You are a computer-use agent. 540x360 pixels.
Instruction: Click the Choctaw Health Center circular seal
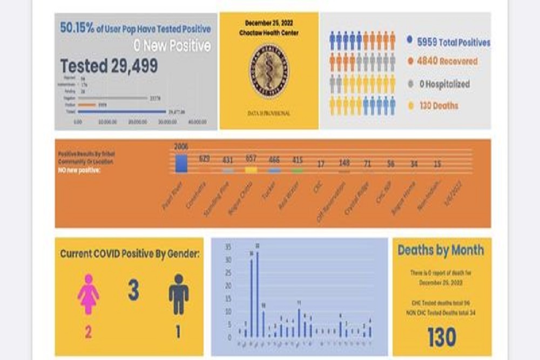click(268, 71)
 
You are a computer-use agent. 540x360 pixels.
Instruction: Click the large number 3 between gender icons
click(133, 290)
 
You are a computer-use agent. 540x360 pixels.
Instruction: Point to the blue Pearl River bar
click(181, 164)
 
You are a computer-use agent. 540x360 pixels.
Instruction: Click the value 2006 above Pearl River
click(181, 147)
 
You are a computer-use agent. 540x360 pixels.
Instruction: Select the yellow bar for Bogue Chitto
click(251, 170)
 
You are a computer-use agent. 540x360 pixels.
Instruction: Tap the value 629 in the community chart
click(205, 159)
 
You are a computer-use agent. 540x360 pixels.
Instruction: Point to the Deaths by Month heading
click(441, 250)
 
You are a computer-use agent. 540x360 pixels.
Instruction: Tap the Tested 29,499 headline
click(109, 66)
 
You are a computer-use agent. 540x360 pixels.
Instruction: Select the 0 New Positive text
click(172, 46)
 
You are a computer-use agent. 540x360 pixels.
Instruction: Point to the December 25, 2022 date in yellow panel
click(268, 23)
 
